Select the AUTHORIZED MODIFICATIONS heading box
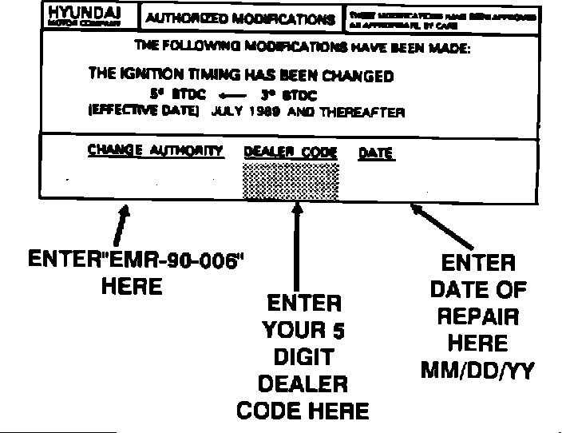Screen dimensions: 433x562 (x=238, y=18)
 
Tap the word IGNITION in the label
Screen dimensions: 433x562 (x=156, y=76)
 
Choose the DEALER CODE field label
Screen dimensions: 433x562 (x=290, y=152)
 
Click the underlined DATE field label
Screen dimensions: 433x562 (x=376, y=152)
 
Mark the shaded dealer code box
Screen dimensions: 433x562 (x=290, y=180)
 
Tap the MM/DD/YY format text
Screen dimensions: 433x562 (x=477, y=371)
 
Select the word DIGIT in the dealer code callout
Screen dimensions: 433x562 (x=303, y=357)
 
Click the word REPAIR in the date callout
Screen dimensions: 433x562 (x=477, y=316)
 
